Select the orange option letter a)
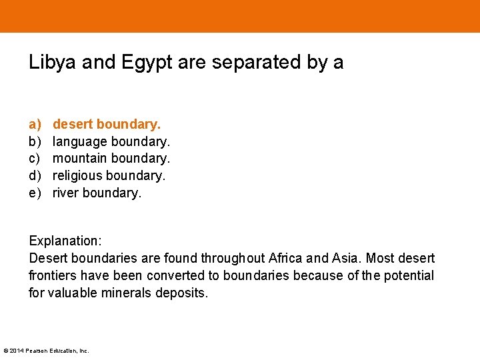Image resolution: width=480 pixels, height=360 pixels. (x=35, y=124)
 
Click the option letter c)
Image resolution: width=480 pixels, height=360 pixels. (x=35, y=159)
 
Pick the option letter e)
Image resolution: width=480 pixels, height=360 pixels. (x=35, y=193)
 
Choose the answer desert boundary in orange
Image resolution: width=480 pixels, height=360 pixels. (x=107, y=124)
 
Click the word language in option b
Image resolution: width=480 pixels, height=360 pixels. (x=79, y=142)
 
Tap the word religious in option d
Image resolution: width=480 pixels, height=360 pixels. (x=77, y=176)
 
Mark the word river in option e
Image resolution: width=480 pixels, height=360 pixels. (x=65, y=193)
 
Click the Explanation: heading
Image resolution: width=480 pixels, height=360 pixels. (x=65, y=241)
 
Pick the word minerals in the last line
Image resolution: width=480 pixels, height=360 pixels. (x=127, y=293)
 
